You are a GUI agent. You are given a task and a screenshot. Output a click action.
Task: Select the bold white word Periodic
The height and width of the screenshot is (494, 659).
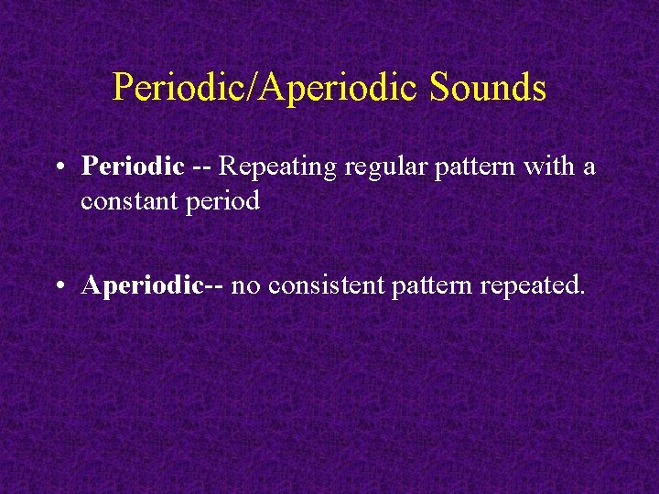[134, 167]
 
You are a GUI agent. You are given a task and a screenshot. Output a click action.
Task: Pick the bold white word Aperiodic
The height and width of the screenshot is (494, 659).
[142, 287]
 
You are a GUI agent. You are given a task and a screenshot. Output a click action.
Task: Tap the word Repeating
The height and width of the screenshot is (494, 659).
[269, 167]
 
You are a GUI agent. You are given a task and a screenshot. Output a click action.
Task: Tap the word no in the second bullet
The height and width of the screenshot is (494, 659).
[243, 287]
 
